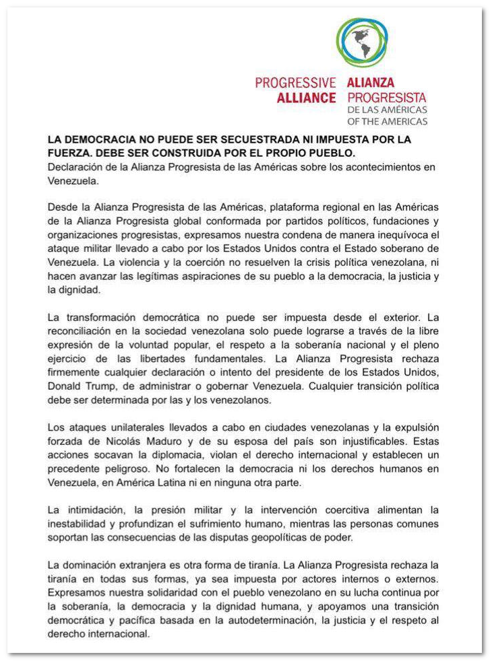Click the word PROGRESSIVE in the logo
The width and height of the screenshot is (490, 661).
(295, 83)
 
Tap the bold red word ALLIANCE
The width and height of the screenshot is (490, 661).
(306, 98)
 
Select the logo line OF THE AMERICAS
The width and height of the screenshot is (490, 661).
(387, 122)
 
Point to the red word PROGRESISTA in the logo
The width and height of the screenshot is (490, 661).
(386, 98)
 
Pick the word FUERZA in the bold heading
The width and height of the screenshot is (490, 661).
(70, 153)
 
